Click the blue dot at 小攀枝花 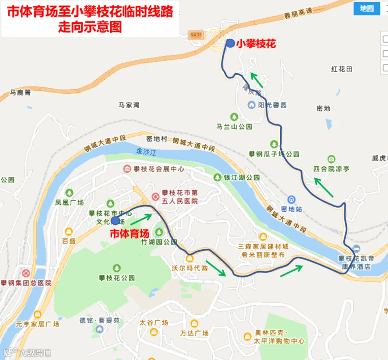(x=230, y=43)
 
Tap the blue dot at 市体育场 (x=115, y=220)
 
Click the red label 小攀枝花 (x=255, y=43)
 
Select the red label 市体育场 (x=130, y=234)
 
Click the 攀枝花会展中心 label (x=159, y=169)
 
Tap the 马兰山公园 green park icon (x=234, y=116)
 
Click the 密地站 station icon (x=292, y=200)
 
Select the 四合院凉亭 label (x=332, y=169)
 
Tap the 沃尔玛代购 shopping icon (x=189, y=258)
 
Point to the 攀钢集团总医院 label (x=26, y=283)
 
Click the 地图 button (x=367, y=8)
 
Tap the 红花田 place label (x=342, y=69)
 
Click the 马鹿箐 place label (x=21, y=93)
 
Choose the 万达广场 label (x=194, y=333)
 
